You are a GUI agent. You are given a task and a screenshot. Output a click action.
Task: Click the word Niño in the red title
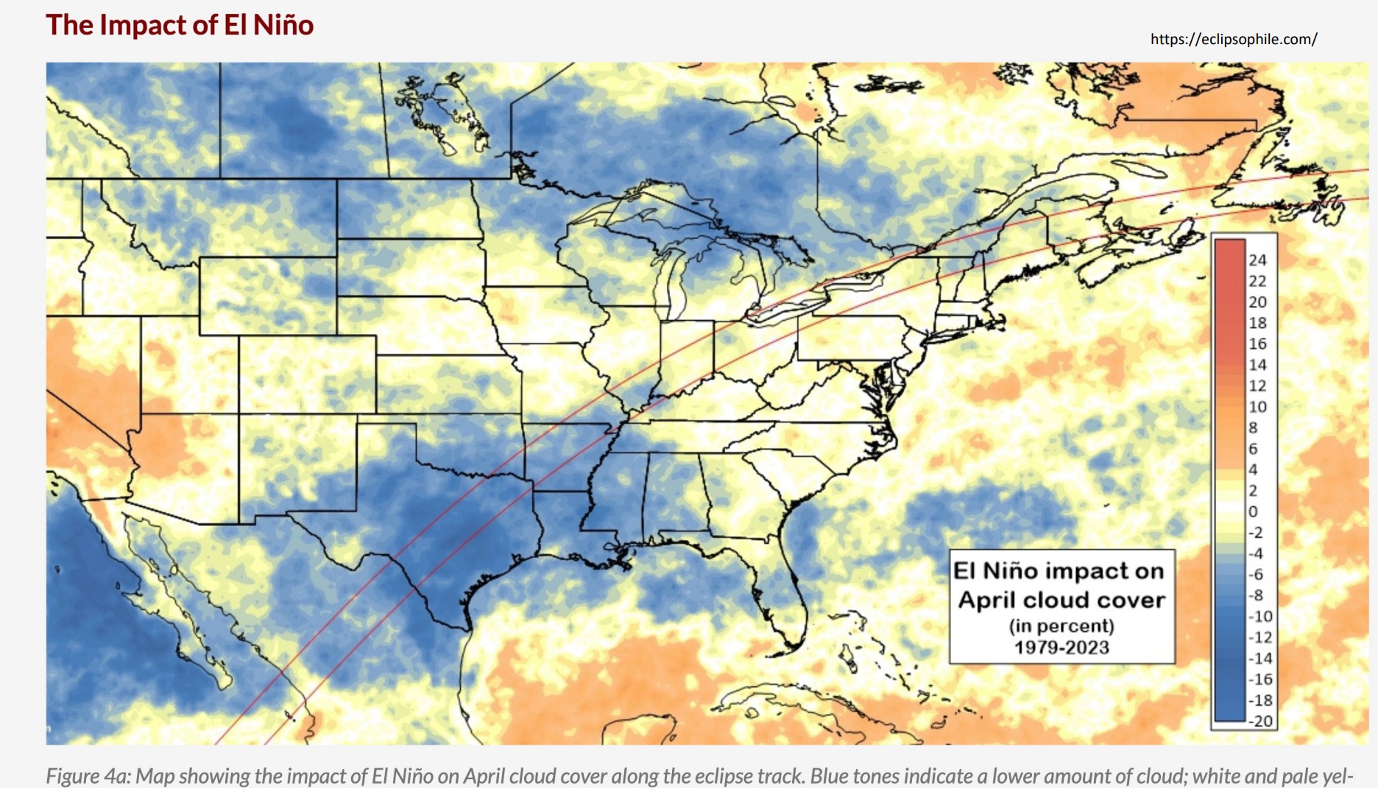pyautogui.click(x=283, y=25)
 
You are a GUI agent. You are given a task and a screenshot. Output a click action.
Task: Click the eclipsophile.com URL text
pyautogui.click(x=1234, y=39)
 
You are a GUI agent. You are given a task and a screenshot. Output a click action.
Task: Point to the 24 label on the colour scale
pyautogui.click(x=1257, y=260)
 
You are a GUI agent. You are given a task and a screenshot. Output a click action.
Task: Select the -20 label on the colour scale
pyautogui.click(x=1260, y=721)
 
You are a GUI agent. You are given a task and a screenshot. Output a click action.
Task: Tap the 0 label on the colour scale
pyautogui.click(x=1253, y=511)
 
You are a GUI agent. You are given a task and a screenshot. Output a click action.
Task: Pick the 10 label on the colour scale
pyautogui.click(x=1257, y=407)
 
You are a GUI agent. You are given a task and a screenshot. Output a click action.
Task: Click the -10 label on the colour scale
pyautogui.click(x=1260, y=617)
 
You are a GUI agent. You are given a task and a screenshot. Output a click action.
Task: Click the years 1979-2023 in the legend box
pyautogui.click(x=1061, y=647)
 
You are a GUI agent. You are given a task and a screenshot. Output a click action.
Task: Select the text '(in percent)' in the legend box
pyautogui.click(x=1061, y=626)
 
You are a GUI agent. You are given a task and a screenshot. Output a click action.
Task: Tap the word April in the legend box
pyautogui.click(x=986, y=600)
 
